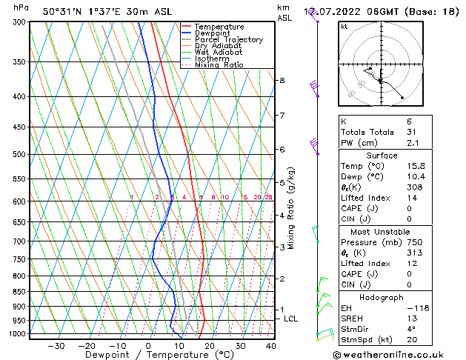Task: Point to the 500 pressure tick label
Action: click(19, 154)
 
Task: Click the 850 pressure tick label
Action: click(19, 292)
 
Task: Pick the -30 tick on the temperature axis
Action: click(56, 345)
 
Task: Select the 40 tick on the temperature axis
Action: click(270, 345)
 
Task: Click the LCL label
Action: click(291, 319)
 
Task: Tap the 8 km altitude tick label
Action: click(282, 80)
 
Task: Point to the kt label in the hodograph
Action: click(344, 27)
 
